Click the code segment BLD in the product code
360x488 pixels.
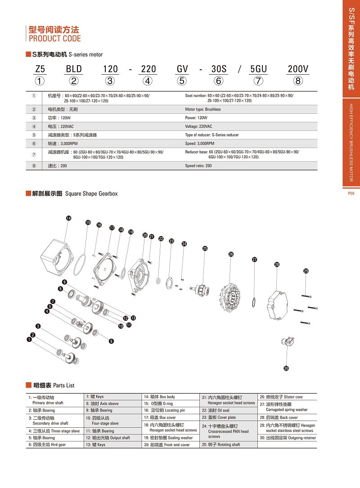(x=74, y=69)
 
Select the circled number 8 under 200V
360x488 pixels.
(x=298, y=81)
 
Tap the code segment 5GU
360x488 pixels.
(x=258, y=69)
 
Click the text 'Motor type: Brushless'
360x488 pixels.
(x=203, y=109)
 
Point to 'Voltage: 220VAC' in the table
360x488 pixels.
(x=198, y=126)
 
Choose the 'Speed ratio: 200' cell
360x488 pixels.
(x=198, y=166)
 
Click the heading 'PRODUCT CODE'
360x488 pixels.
(x=55, y=39)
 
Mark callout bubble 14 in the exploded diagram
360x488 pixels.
(x=68, y=218)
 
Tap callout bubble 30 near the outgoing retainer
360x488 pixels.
(x=286, y=368)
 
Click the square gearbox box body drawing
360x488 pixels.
(x=57, y=257)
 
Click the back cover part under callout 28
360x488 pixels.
(x=277, y=305)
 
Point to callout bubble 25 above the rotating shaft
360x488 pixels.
(x=205, y=248)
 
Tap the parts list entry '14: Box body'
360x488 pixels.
(x=159, y=397)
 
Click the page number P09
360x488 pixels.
(x=351, y=193)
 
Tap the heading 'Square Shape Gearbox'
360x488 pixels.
(x=91, y=193)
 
